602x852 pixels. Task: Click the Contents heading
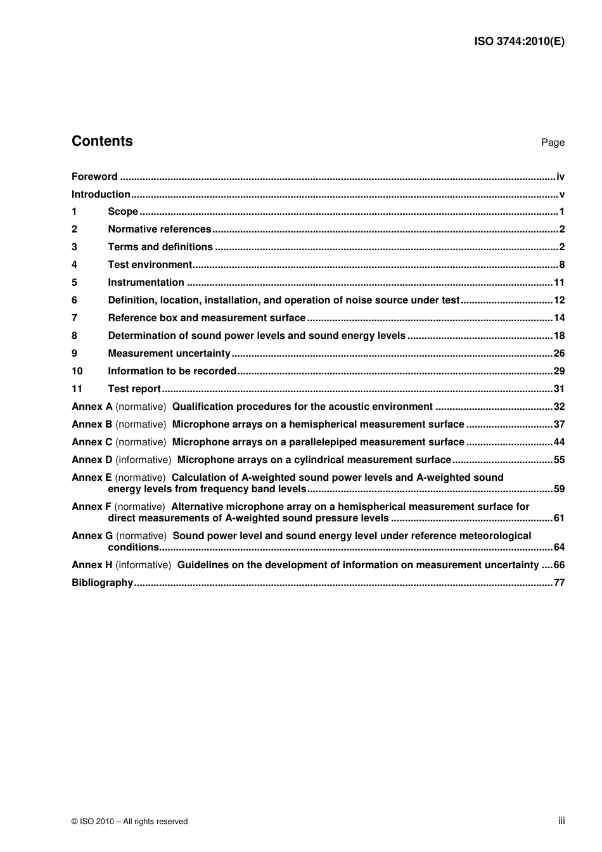click(102, 141)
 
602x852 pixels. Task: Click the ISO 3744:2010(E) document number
click(519, 42)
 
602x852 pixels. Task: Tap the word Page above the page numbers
click(553, 143)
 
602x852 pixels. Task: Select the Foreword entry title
click(94, 177)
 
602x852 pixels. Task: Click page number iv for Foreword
click(560, 177)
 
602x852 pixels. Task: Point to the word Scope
click(123, 212)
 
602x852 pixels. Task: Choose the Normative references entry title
click(159, 229)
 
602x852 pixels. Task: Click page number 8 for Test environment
click(561, 265)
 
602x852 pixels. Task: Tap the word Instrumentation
click(146, 283)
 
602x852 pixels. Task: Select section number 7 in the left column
click(74, 318)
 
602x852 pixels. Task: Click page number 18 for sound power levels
click(559, 336)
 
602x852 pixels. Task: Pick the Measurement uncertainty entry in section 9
click(169, 353)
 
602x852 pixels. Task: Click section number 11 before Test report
click(77, 389)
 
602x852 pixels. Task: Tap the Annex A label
click(92, 407)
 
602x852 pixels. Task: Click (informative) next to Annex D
click(143, 460)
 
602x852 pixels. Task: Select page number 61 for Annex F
click(559, 518)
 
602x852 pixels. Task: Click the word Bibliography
click(102, 583)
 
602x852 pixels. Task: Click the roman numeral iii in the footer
click(561, 821)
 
